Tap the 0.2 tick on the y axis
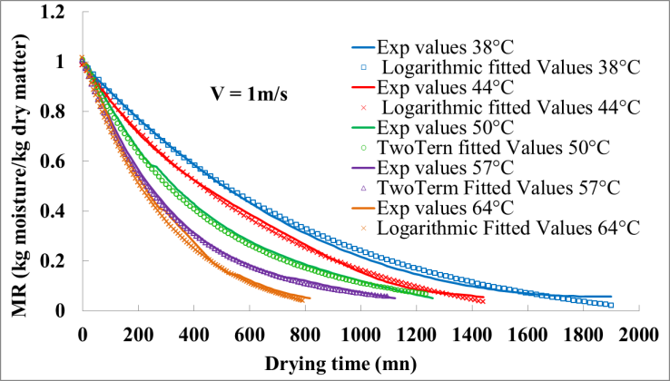point(60,261)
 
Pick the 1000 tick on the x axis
point(360,331)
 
